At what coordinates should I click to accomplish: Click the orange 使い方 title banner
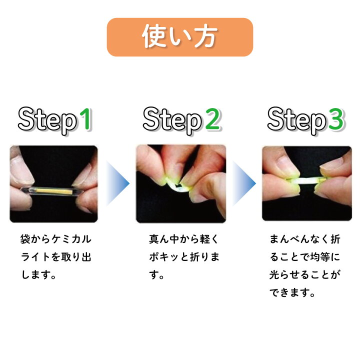pos(179,37)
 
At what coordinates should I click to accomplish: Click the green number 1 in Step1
pos(85,120)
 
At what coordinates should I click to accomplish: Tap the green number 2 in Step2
pos(212,120)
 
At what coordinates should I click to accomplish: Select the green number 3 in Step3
pos(335,120)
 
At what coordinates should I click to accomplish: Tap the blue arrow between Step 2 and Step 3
pos(243,183)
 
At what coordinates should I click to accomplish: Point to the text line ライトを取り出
pos(56,257)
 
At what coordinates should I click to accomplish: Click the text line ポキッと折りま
pos(181,257)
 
